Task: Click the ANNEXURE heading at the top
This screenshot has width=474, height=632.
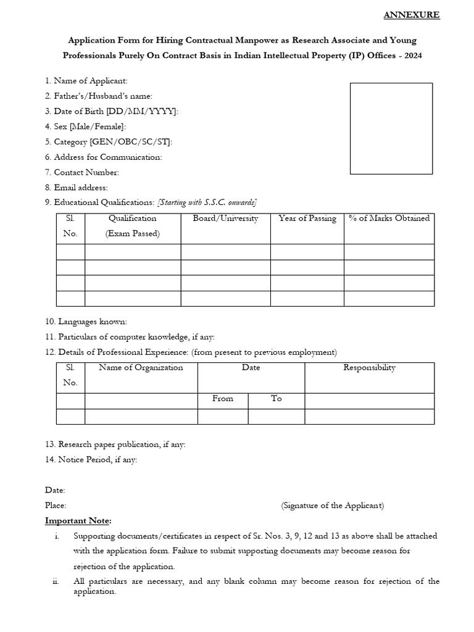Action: coord(412,15)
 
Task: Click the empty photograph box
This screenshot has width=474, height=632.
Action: coord(391,128)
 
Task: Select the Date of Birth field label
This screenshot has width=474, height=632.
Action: coord(112,111)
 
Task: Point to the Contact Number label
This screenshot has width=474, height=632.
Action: coord(82,172)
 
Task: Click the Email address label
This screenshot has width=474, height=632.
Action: coord(76,188)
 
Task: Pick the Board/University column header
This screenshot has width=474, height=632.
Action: coord(225,218)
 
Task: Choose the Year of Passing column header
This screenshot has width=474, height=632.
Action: coord(307,218)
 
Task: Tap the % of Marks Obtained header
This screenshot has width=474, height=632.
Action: coord(389,218)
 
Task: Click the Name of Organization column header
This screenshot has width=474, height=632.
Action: coord(141,368)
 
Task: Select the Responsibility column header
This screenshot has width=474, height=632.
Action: coord(369,368)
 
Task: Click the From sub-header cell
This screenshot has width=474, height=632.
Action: coord(223,399)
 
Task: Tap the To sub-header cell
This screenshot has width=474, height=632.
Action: coord(276,399)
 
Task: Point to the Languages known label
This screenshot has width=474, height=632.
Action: coord(86,322)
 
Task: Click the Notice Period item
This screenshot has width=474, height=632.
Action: coord(91,459)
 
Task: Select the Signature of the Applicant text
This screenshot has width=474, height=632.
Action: coord(332,505)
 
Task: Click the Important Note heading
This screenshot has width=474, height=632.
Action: coord(78,521)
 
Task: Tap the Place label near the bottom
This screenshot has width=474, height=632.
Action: coord(56,505)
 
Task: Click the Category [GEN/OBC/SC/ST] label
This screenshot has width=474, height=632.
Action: coord(109,142)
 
